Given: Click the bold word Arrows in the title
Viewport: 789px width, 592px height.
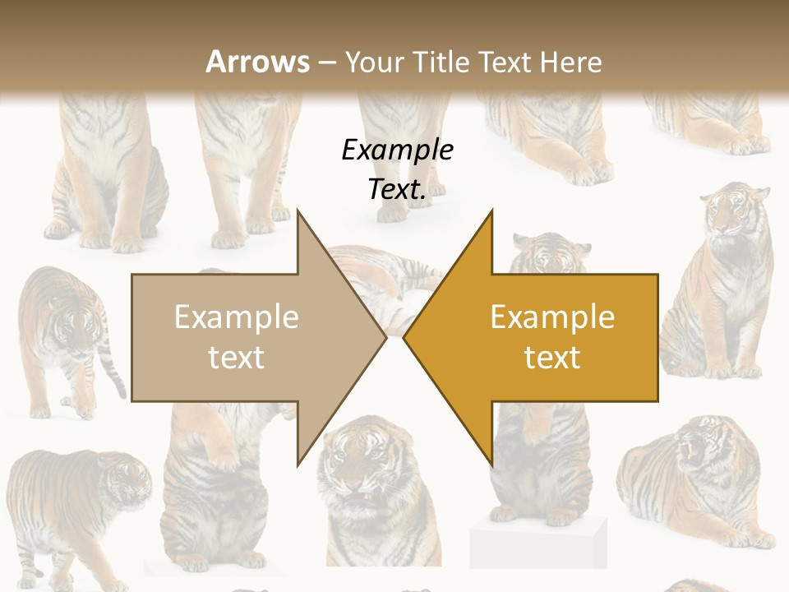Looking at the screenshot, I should click(x=257, y=62).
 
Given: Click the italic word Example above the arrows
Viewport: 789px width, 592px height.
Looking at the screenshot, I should click(x=397, y=150).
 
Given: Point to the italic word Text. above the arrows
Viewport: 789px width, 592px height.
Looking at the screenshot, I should click(x=397, y=190).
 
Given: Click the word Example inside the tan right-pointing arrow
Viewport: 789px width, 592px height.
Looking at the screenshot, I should click(x=237, y=317).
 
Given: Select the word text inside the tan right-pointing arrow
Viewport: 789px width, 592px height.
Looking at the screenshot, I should click(x=237, y=357).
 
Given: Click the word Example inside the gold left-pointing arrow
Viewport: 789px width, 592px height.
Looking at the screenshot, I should click(x=552, y=317).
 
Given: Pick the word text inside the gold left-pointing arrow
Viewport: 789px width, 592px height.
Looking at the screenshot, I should click(x=552, y=357).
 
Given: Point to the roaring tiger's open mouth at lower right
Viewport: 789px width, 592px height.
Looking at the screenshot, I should click(x=689, y=448).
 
